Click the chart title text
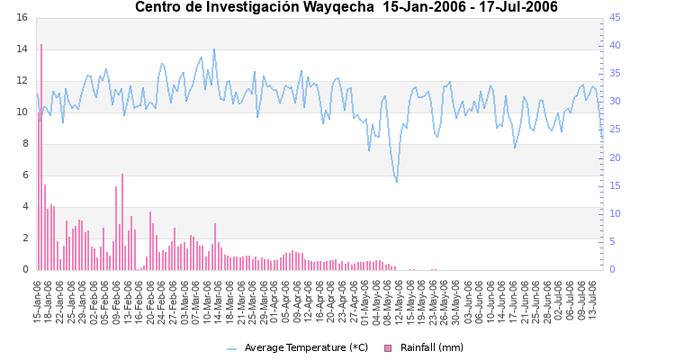[x=346, y=8]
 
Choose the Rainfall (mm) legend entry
[x=432, y=347]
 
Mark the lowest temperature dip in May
[x=397, y=182]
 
